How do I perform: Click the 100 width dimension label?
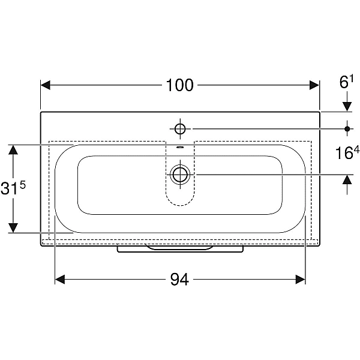pyautogui.click(x=179, y=85)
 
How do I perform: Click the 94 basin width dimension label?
pyautogui.click(x=179, y=280)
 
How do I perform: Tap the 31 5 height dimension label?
pyautogui.click(x=13, y=188)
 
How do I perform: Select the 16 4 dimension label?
pyautogui.click(x=347, y=152)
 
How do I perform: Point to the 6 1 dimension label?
pyautogui.click(x=346, y=82)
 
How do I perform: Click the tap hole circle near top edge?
pyautogui.click(x=180, y=129)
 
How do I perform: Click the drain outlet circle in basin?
pyautogui.click(x=180, y=175)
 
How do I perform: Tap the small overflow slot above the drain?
pyautogui.click(x=180, y=147)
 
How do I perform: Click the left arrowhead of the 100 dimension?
pyautogui.click(x=46, y=85)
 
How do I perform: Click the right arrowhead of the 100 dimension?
pyautogui.click(x=314, y=85)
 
